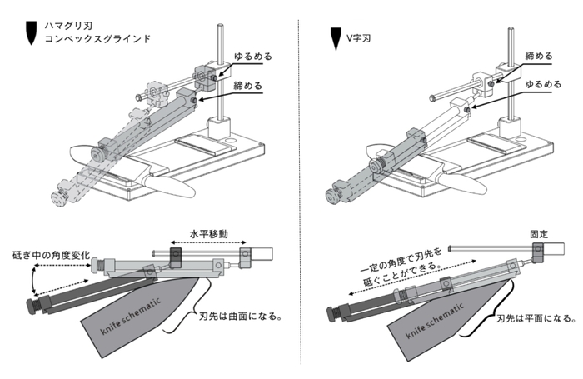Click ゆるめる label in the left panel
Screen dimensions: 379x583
click(254, 56)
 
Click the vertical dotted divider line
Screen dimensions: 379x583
click(300, 192)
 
